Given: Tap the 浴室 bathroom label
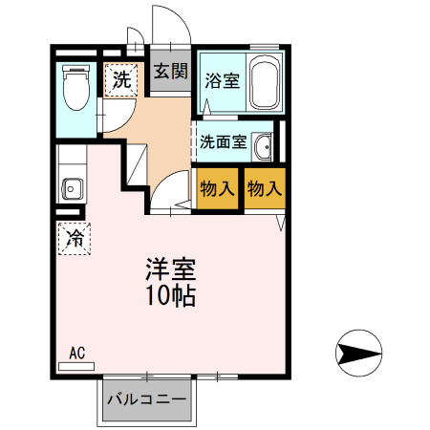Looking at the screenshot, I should [222, 82].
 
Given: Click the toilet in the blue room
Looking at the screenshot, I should [73, 90].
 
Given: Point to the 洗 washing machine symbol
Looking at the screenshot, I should [120, 80].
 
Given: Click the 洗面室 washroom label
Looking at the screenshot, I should [223, 142].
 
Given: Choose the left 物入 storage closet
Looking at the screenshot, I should [217, 188].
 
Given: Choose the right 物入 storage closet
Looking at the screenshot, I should [264, 188].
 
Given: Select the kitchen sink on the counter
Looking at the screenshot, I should [70, 186].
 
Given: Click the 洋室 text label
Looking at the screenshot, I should [170, 269].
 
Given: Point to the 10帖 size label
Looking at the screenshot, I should [170, 296].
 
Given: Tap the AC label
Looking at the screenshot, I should [77, 353].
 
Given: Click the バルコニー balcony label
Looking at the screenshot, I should [146, 398].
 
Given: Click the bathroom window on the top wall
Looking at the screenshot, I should [264, 49].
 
